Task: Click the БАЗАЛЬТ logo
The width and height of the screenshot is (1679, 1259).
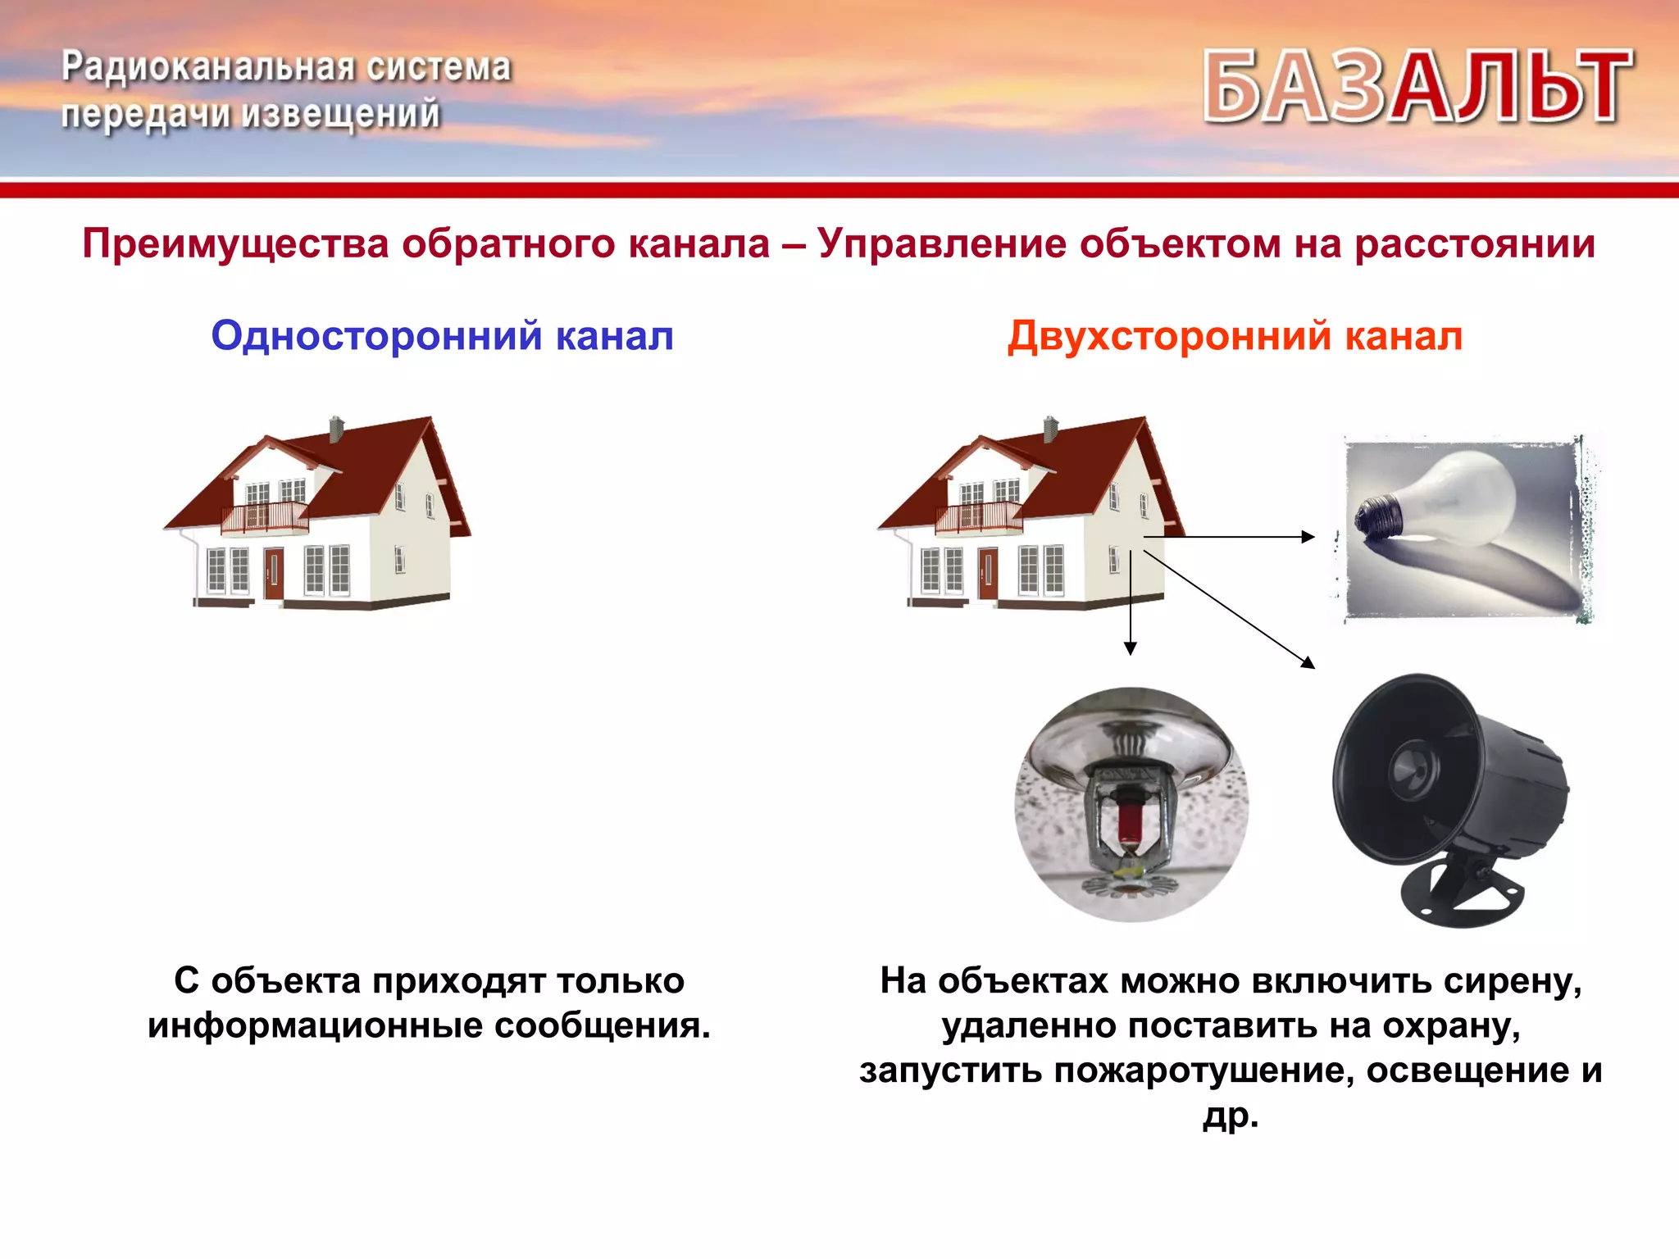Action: (1418, 86)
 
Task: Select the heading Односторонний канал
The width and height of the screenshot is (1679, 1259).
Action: (443, 336)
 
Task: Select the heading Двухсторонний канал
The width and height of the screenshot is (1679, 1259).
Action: (1235, 336)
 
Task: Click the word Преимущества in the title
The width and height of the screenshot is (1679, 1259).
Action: (235, 244)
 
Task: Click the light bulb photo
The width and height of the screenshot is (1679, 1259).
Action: (1463, 529)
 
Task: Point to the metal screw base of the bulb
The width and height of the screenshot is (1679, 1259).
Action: (1377, 516)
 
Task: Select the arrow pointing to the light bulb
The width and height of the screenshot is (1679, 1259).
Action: (1230, 537)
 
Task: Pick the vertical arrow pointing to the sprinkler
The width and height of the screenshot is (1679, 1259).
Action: (1131, 602)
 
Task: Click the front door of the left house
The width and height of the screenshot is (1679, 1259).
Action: (274, 574)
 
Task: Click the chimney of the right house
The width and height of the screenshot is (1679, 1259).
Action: (1050, 429)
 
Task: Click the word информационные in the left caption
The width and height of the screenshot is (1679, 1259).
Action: (315, 1026)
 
